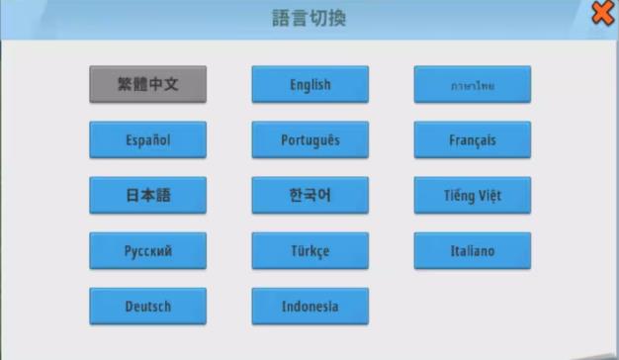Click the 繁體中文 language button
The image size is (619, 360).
(x=147, y=85)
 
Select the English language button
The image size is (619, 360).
(x=309, y=85)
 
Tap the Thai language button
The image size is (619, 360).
(x=472, y=85)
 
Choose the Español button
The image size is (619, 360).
(x=147, y=140)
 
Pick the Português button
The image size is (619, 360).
(x=309, y=140)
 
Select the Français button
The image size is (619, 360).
(x=472, y=140)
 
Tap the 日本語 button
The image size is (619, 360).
(x=147, y=196)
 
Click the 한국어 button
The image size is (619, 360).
(x=309, y=196)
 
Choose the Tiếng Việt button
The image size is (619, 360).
(x=472, y=196)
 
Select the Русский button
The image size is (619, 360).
(x=147, y=251)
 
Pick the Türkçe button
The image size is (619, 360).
(x=309, y=251)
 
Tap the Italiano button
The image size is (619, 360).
(x=472, y=251)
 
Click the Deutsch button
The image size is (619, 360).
(x=147, y=307)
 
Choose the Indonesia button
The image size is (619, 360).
(x=309, y=307)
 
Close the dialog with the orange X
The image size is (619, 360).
(x=602, y=13)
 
